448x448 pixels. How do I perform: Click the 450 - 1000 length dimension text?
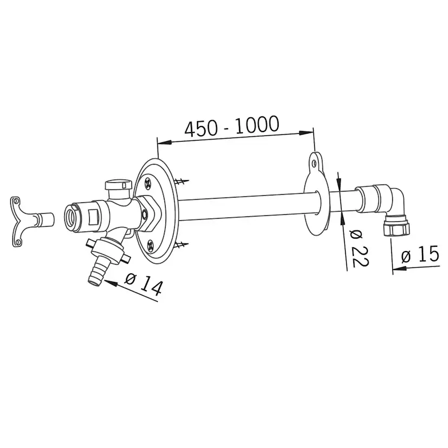[232, 126]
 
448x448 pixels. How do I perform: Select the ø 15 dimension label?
[420, 254]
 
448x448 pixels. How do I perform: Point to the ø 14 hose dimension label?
[144, 283]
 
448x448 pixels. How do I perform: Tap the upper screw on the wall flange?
[149, 183]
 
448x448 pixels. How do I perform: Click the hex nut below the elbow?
[397, 226]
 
